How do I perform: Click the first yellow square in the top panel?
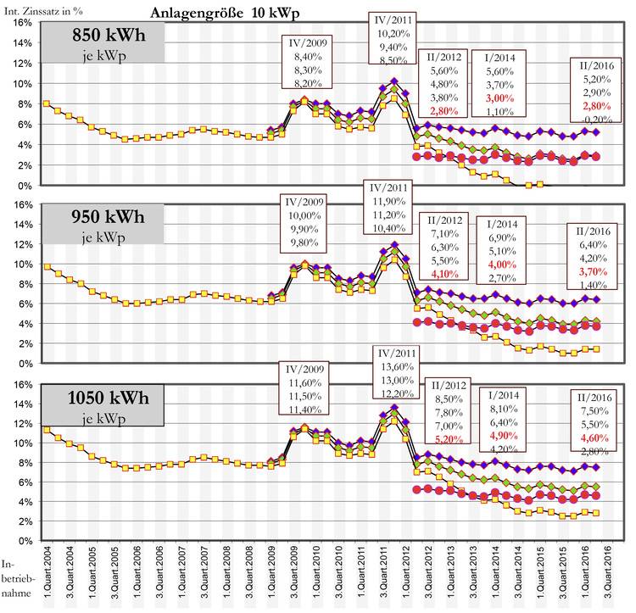click(x=46, y=103)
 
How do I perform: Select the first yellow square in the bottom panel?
click(x=46, y=429)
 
